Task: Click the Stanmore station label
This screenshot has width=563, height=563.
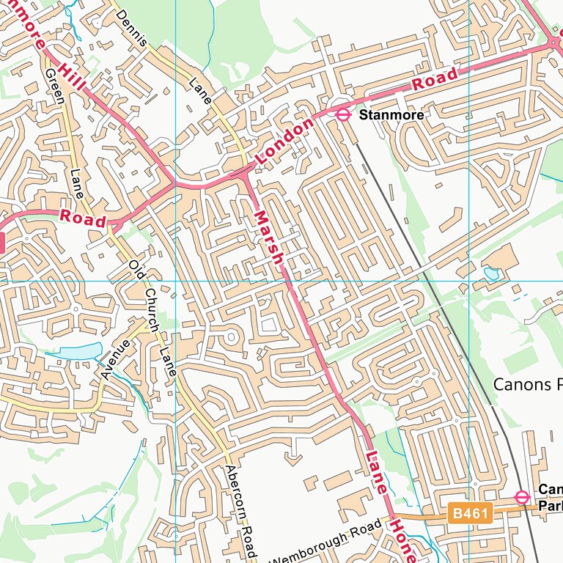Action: (391, 115)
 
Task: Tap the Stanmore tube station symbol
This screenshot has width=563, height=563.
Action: (342, 114)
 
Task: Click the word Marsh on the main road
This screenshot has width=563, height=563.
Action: (268, 238)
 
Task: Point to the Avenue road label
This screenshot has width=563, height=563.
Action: (115, 359)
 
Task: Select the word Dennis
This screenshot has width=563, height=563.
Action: (131, 28)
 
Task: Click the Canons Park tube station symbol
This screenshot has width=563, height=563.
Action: (522, 498)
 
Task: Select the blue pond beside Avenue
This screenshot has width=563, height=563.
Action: (76, 352)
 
